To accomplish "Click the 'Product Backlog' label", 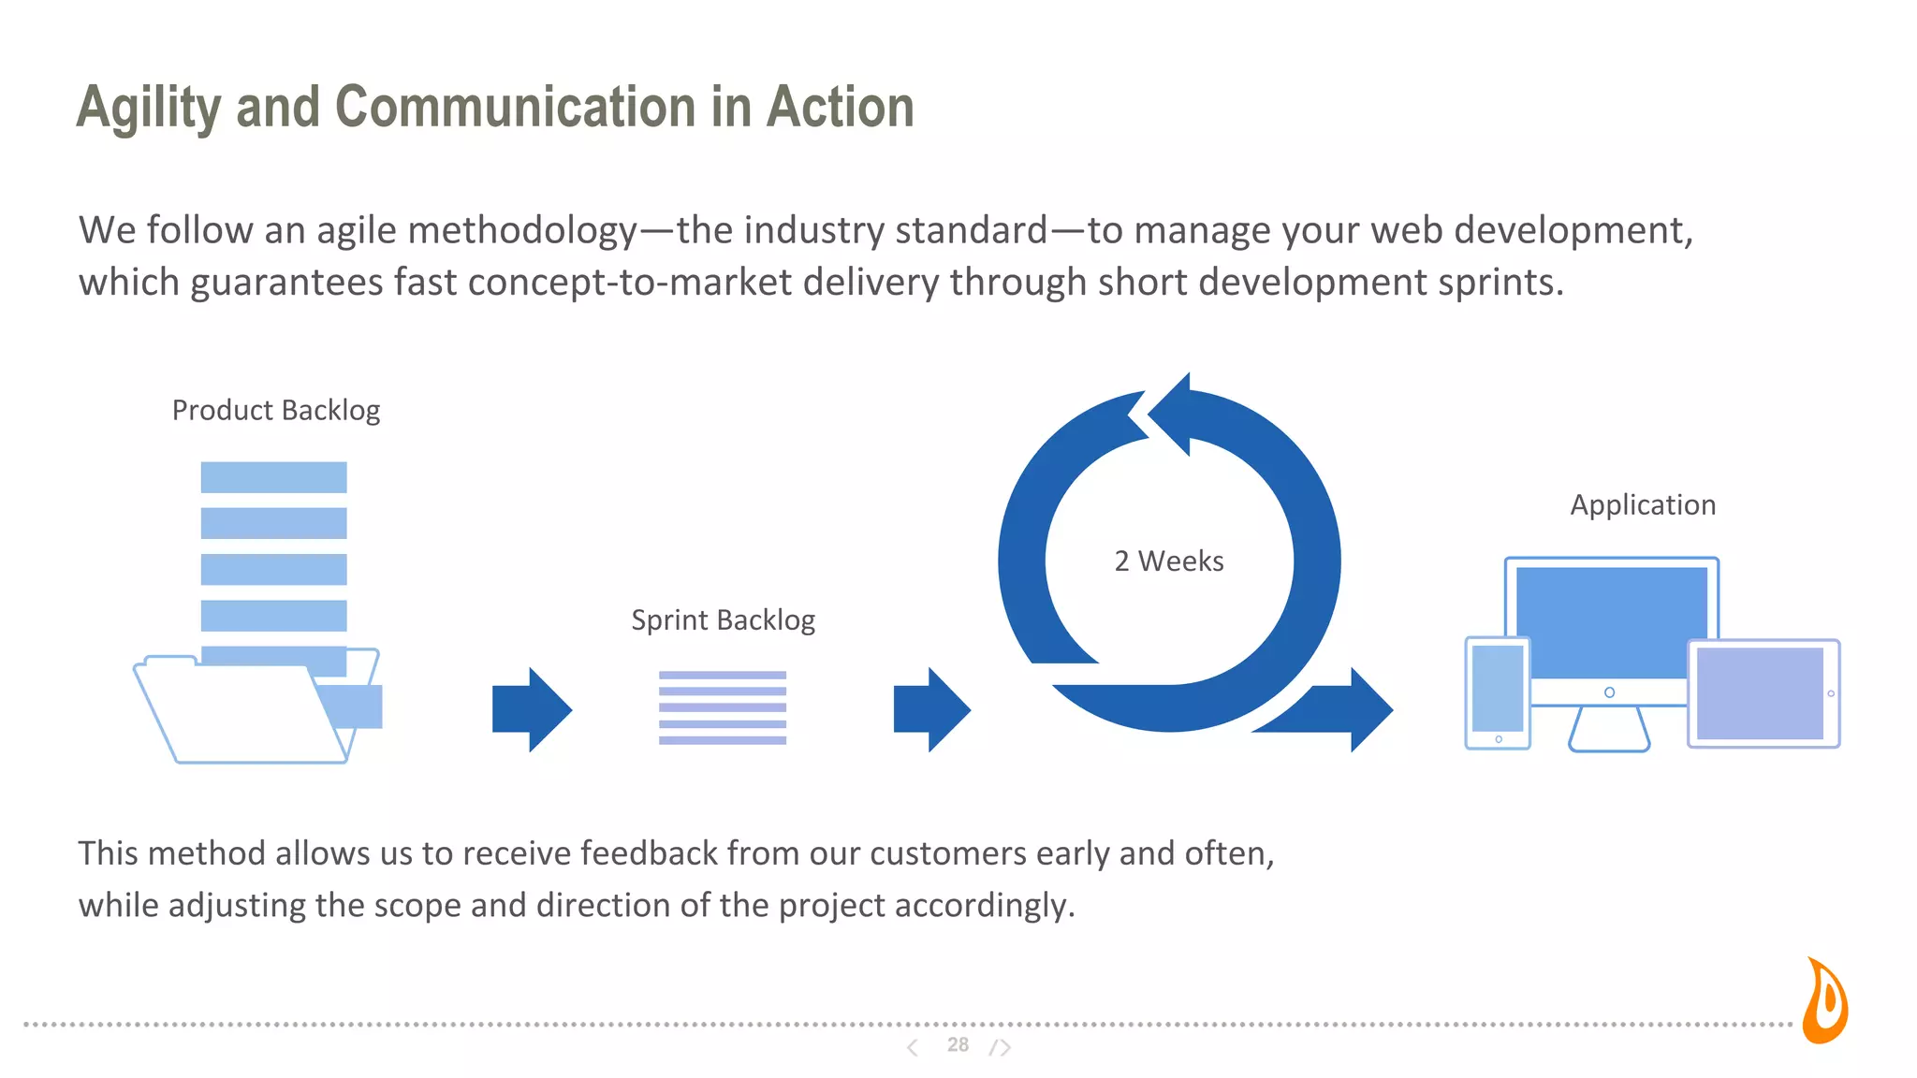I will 276,411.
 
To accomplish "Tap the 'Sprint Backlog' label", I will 723,620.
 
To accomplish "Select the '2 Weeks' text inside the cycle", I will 1168,561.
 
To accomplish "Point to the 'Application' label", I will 1643,505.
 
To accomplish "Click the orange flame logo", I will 1825,1002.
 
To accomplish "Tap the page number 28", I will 958,1045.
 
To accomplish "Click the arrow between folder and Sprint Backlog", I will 532,709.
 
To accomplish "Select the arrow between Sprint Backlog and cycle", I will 931,709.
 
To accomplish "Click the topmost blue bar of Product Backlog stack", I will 273,477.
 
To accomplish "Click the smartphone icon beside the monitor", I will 1497,692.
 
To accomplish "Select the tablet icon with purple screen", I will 1763,693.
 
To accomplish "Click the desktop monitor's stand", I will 1608,729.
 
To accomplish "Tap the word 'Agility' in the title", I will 148,109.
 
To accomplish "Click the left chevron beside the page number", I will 912,1047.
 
